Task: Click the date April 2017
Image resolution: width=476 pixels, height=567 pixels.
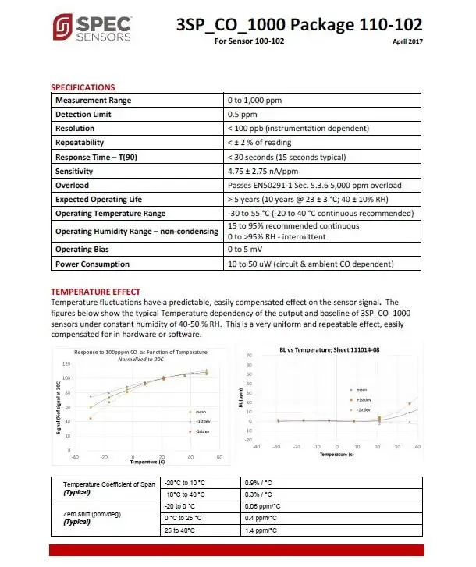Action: (407, 42)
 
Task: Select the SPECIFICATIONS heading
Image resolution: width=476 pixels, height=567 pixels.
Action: (83, 87)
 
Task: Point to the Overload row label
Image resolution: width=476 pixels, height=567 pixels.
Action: (72, 186)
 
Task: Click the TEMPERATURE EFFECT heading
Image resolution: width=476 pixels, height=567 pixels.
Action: (95, 292)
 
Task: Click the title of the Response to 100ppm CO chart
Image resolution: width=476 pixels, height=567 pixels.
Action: (137, 352)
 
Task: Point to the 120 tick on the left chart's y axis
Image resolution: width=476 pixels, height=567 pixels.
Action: (65, 363)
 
